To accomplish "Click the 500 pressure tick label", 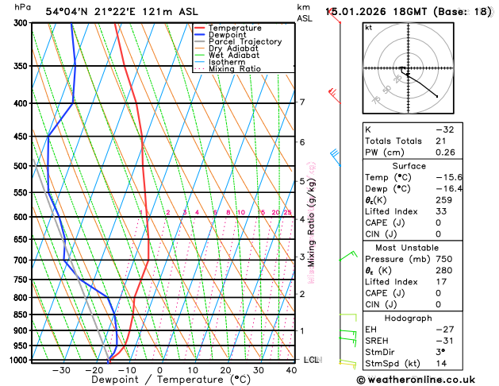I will coord(20,166).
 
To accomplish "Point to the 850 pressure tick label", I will coord(20,315).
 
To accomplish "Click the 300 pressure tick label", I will coord(20,23).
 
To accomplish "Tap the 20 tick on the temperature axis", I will coord(225,370).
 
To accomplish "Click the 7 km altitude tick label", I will coord(302,102).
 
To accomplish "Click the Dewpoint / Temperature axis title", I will coord(159,380).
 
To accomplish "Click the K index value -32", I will coord(444,129).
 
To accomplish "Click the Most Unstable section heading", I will coord(426,249).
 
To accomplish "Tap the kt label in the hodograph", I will coord(368,28).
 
